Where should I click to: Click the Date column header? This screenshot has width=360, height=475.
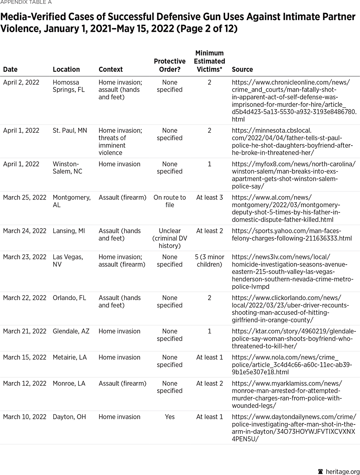click(10, 70)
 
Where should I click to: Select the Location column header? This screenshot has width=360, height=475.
click(66, 70)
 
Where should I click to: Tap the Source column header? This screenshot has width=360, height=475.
click(242, 70)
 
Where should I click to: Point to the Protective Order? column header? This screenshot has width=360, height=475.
click(170, 65)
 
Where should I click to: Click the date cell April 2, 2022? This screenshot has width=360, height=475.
click(21, 82)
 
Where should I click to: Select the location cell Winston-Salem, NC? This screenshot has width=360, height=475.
click(67, 168)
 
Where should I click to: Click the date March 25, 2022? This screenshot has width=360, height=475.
click(24, 197)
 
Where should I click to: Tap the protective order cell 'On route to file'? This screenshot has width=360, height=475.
click(170, 201)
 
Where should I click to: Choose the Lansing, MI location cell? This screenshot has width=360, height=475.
click(69, 231)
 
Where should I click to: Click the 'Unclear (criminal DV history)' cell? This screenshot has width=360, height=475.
click(170, 238)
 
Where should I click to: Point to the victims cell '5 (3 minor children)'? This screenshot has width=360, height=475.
click(209, 260)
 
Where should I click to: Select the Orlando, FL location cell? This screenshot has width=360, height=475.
click(69, 298)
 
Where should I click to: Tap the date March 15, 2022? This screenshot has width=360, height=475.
click(24, 357)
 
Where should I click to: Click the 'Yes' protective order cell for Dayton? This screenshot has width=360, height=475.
click(170, 417)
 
